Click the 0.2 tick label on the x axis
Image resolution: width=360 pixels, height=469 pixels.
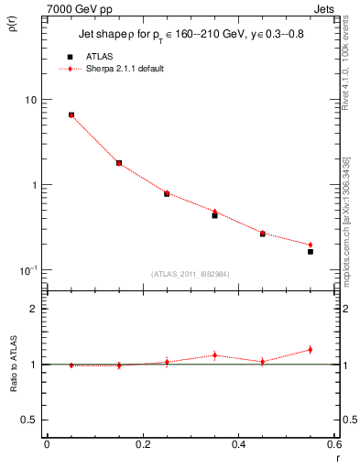143,445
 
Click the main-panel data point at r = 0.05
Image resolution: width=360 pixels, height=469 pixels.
71,115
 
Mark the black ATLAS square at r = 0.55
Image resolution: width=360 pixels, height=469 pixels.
311,251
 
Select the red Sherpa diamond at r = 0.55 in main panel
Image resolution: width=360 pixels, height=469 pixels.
311,245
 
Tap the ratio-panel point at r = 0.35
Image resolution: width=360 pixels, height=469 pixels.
214,355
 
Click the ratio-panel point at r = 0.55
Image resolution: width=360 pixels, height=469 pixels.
311,349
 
